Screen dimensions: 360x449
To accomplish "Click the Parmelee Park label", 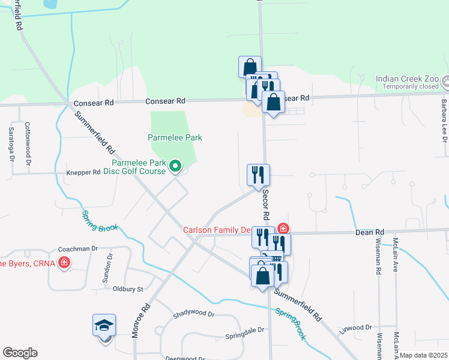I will point(175,137).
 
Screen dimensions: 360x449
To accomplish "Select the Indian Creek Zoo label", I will point(407,79).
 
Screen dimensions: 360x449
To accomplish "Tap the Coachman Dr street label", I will point(77,248).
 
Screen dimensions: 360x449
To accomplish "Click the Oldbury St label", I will point(128,289).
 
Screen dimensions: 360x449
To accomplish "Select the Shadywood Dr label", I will point(193,314).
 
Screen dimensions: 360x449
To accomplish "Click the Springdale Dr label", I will point(244,330).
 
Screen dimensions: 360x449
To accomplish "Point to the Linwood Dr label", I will point(355,328).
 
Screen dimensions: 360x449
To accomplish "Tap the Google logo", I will point(20,353).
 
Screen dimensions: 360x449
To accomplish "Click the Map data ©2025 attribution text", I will point(424,355).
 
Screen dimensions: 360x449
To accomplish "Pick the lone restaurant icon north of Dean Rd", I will point(259,175).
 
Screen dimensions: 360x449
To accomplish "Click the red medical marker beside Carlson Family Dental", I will point(283,229).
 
